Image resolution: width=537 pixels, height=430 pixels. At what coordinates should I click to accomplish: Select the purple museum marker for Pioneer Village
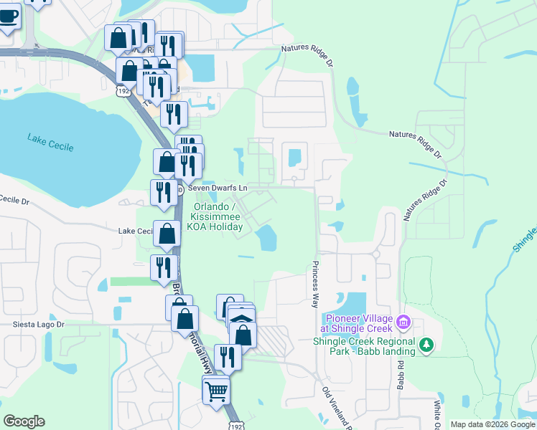click(x=403, y=323)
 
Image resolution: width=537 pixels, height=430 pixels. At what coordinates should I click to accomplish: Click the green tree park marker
click(x=427, y=345)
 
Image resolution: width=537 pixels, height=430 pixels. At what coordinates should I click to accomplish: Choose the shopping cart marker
click(x=216, y=391)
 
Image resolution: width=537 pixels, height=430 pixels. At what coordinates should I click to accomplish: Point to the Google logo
click(x=24, y=421)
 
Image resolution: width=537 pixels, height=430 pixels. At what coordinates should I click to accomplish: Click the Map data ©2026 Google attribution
click(x=492, y=424)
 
